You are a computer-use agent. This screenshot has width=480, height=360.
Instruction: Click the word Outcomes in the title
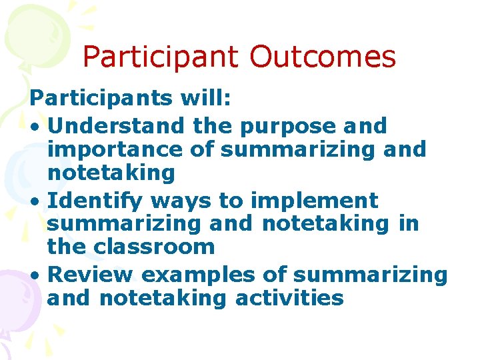coord(323,57)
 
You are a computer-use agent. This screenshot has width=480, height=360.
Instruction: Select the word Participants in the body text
coord(101,99)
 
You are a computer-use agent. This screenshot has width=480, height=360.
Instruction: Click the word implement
coord(313,200)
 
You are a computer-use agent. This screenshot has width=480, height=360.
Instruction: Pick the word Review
coord(91,274)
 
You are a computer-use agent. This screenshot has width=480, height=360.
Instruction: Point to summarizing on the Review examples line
coord(370,274)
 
